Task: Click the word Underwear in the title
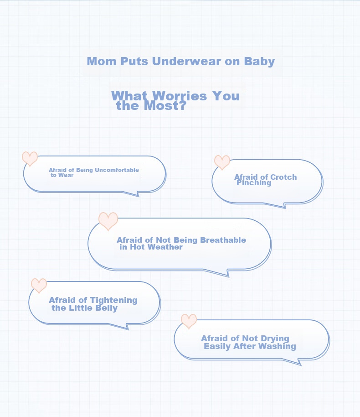pos(186,61)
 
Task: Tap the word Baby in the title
pos(259,62)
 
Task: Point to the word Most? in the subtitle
pos(165,105)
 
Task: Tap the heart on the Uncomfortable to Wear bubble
pos(30,159)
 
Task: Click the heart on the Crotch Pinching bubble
pos(222,162)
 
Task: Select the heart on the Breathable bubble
pos(108,221)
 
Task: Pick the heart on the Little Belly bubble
pos(39,286)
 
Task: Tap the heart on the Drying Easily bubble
pos(189,321)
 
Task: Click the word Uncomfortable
pos(117,170)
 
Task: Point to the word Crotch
pos(283,177)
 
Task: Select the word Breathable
pos(223,240)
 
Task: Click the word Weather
pos(165,247)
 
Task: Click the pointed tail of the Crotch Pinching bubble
pos(285,208)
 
